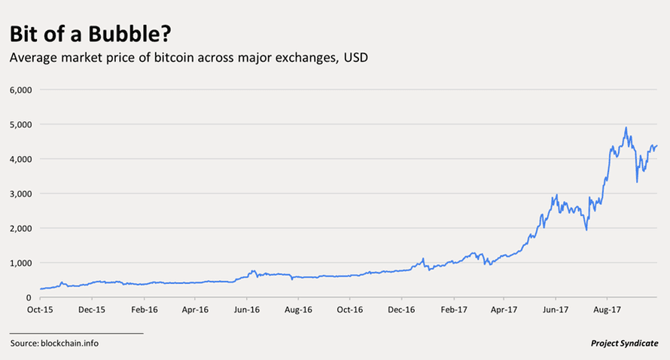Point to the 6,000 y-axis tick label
coord(20,90)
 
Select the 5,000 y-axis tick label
coord(20,124)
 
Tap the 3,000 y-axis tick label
coord(20,194)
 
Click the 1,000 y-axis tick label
coord(20,263)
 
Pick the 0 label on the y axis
coord(28,297)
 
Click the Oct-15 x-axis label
coord(39,309)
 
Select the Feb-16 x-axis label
coord(144,309)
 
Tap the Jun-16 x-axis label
coord(247,309)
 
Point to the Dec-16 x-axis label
coord(401,309)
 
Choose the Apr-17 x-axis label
coord(503,309)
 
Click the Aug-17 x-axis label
coord(607,309)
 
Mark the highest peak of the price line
coord(626,128)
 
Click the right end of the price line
coord(657,145)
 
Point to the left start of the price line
coord(40,289)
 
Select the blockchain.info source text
coord(69,343)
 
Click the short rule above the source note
coord(76,332)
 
